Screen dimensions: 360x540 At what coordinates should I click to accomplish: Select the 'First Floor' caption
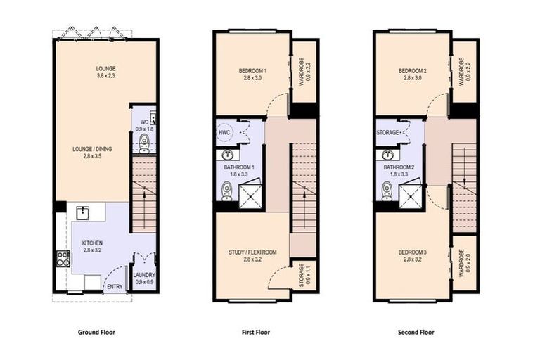pyautogui.click(x=255, y=333)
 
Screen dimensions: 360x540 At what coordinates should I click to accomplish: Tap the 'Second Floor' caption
pyautogui.click(x=417, y=333)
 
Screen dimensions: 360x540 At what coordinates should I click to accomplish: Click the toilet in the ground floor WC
pyautogui.click(x=144, y=144)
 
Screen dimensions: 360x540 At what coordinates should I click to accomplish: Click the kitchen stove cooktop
pyautogui.click(x=63, y=259)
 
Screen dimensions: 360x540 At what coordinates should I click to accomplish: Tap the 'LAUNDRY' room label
pyautogui.click(x=144, y=275)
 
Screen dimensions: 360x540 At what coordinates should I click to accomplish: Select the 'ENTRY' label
pyautogui.click(x=114, y=287)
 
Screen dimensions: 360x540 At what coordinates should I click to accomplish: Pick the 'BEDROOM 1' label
pyautogui.click(x=252, y=71)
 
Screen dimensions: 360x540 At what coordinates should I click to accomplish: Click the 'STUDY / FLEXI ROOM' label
pyautogui.click(x=252, y=252)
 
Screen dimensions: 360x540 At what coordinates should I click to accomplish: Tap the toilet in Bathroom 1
pyautogui.click(x=227, y=189)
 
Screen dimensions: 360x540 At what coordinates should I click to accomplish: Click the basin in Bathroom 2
pyautogui.click(x=388, y=155)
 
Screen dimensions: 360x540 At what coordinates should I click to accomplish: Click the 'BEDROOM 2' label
pyautogui.click(x=412, y=71)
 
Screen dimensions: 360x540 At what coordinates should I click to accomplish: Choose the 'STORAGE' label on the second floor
pyautogui.click(x=388, y=132)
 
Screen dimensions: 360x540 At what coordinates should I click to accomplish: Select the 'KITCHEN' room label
pyautogui.click(x=91, y=242)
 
